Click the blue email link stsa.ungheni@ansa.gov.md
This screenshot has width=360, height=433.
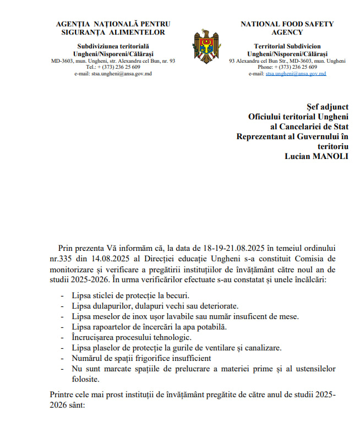point(296,73)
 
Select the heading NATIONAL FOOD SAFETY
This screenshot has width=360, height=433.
point(287,24)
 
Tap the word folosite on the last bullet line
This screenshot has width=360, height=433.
point(85,379)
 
